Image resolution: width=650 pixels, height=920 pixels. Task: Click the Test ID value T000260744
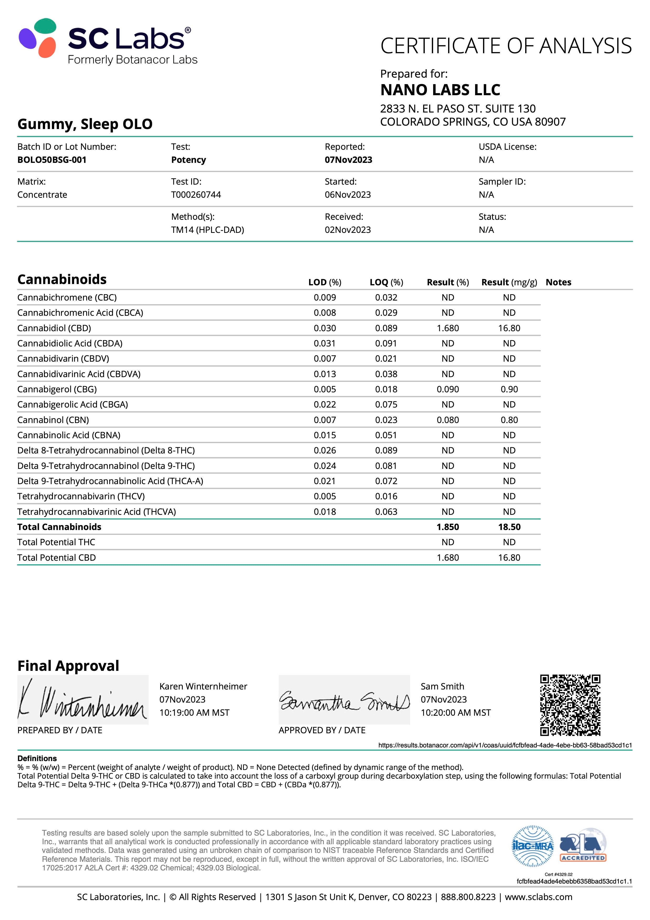click(196, 195)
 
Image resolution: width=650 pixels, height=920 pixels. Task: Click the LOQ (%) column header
click(386, 282)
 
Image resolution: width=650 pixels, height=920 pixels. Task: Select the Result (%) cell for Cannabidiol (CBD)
click(448, 328)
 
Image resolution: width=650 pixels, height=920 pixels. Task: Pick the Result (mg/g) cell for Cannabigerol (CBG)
click(509, 389)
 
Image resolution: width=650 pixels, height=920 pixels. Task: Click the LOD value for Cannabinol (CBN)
click(325, 420)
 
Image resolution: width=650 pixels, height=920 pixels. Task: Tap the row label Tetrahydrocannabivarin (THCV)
click(81, 496)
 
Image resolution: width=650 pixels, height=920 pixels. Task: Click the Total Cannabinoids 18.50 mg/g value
click(509, 527)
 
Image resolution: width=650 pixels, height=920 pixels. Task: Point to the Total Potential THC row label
click(56, 542)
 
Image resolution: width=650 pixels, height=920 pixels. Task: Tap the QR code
click(570, 705)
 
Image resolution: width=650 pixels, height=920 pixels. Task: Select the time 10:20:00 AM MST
click(455, 713)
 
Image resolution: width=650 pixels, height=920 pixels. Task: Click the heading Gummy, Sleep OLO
click(85, 124)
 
